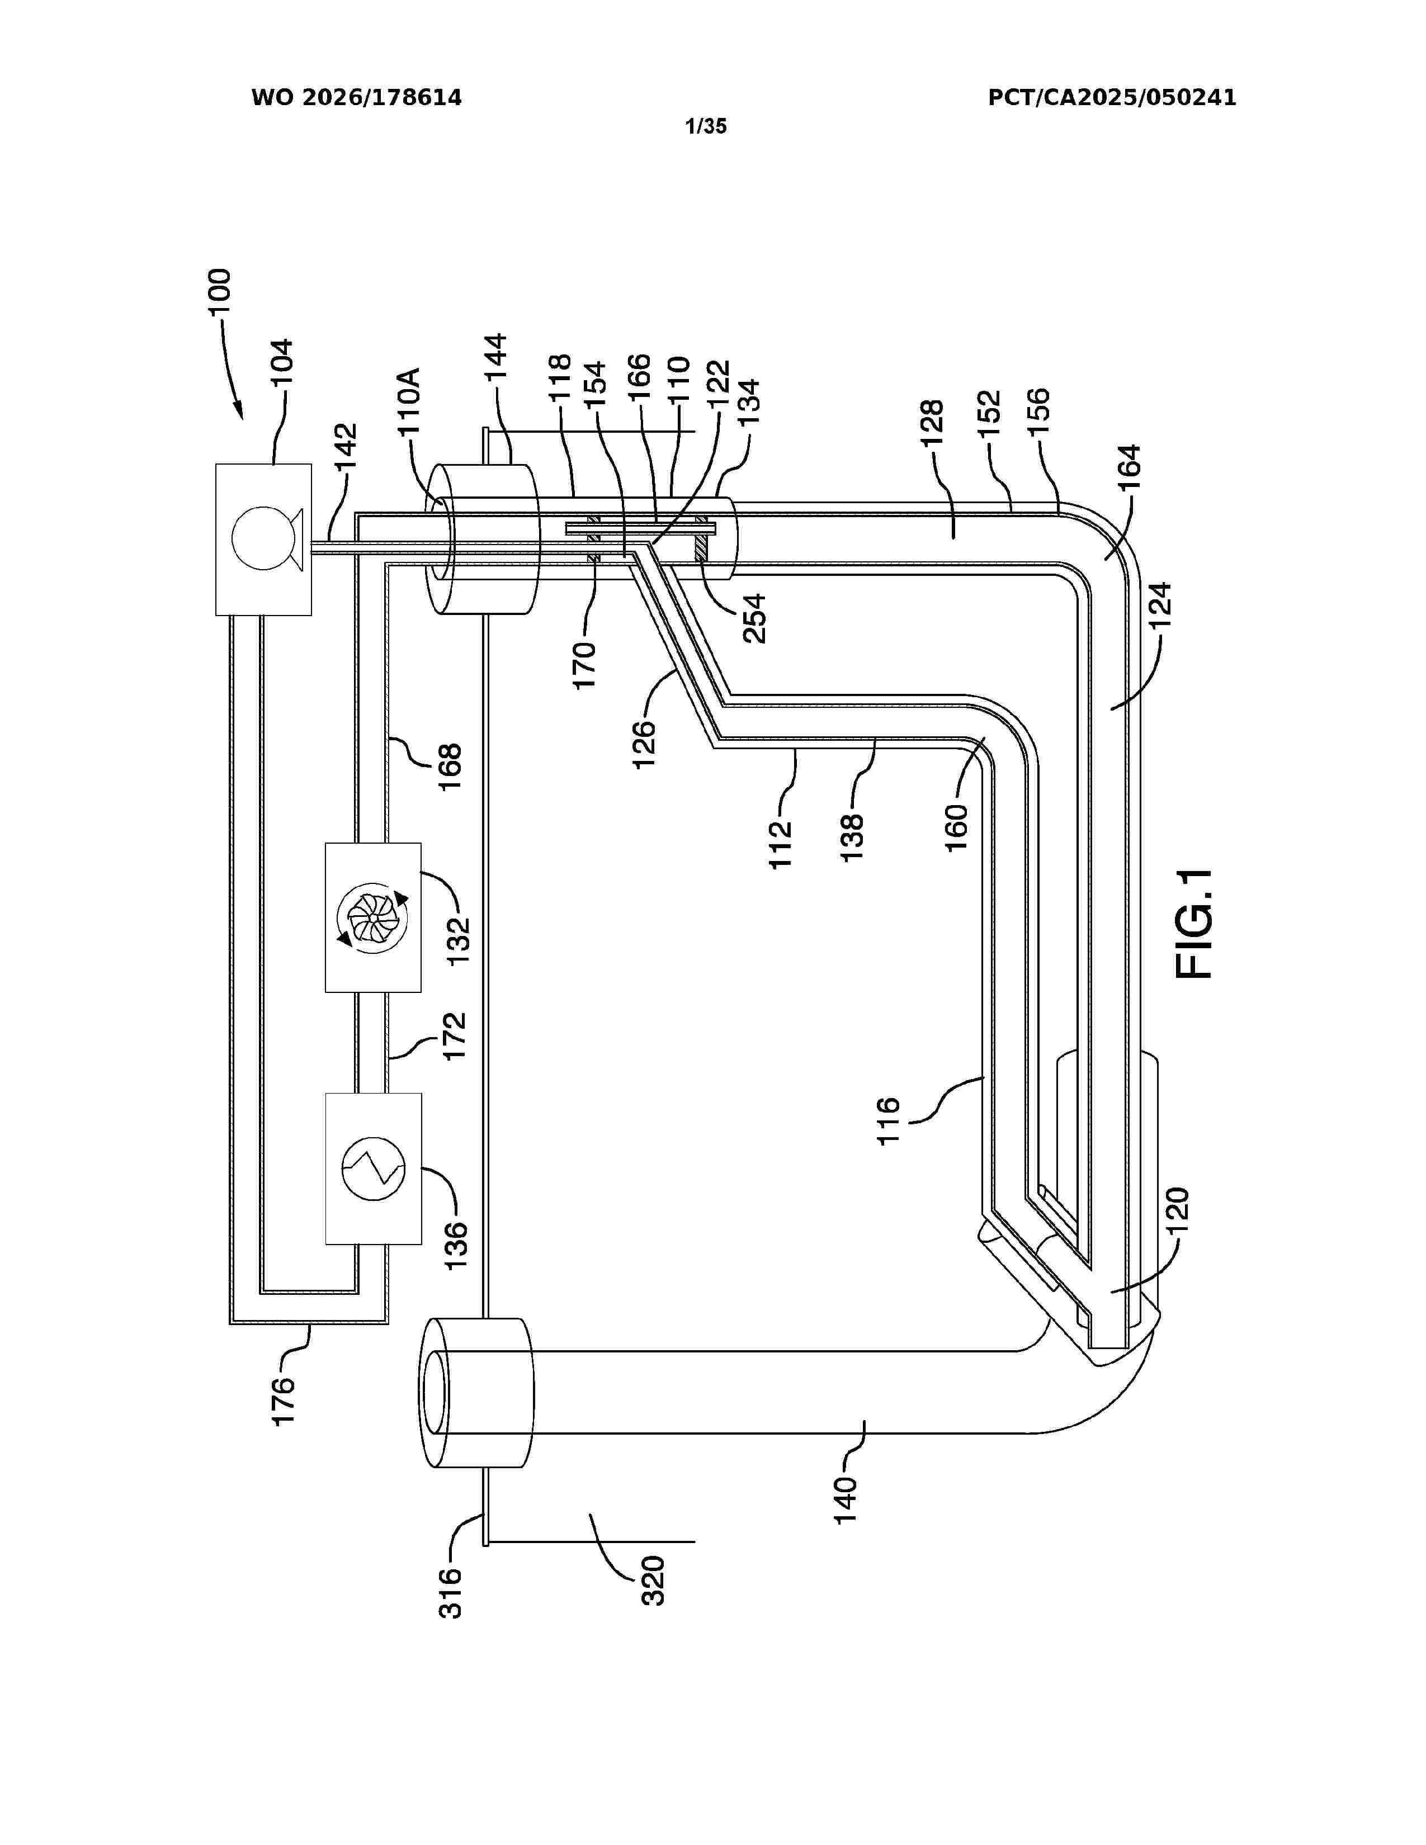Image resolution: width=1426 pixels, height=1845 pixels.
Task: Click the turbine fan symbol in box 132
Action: click(x=372, y=916)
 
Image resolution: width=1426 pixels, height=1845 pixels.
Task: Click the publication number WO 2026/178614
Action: click(x=357, y=98)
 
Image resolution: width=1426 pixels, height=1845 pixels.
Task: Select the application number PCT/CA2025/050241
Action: click(x=1112, y=98)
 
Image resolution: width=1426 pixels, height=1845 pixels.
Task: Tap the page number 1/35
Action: click(x=705, y=127)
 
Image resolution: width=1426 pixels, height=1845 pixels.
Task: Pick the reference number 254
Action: click(x=754, y=618)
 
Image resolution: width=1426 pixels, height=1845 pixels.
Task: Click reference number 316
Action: click(x=450, y=1592)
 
